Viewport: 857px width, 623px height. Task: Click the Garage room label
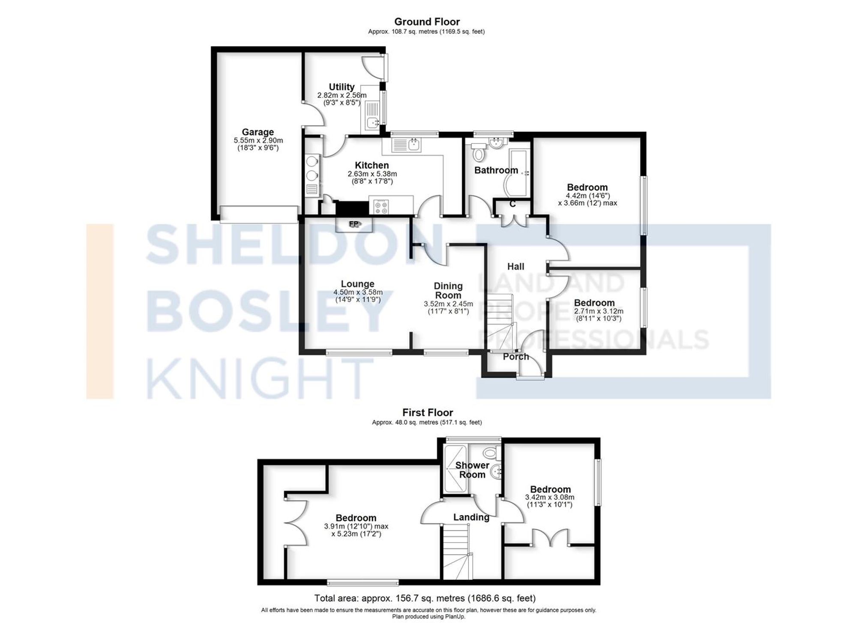(258, 132)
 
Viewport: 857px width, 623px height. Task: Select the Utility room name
(342, 87)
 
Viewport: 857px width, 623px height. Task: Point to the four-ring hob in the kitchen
(381, 207)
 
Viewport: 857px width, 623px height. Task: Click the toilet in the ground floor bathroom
(478, 153)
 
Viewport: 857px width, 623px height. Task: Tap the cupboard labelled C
(512, 205)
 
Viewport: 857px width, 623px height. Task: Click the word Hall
(515, 266)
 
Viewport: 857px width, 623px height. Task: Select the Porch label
(516, 357)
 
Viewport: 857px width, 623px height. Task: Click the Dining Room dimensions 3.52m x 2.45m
(448, 304)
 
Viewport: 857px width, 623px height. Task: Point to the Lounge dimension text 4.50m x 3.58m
(358, 292)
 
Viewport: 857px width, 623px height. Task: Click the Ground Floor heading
(427, 22)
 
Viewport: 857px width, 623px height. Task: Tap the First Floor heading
(427, 412)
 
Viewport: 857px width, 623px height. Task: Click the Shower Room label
(472, 470)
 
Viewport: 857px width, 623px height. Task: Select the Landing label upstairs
(471, 517)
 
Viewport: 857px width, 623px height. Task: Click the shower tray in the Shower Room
(455, 469)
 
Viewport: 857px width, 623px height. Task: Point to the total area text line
(425, 598)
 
